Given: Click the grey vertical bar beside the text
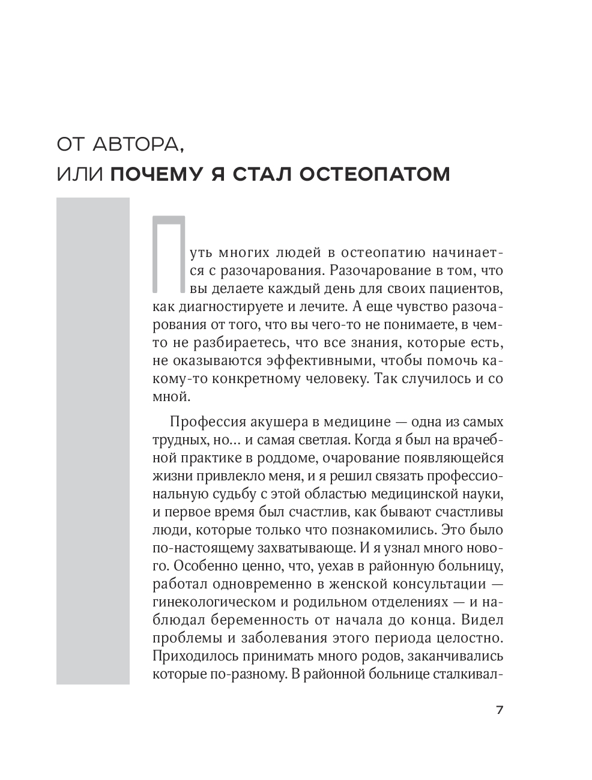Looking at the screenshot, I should (92, 441).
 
